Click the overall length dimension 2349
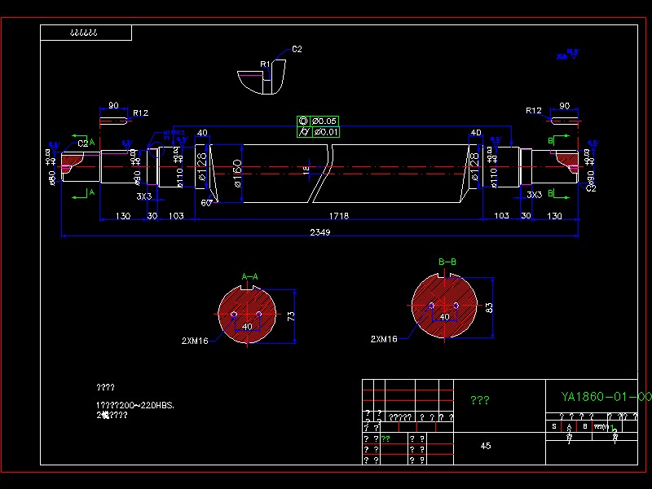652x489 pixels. pos(320,232)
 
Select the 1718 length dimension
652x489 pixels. pos(339,216)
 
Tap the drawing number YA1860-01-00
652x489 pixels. pos(606,397)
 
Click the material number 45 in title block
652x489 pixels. pos(486,446)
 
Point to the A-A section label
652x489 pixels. pos(249,277)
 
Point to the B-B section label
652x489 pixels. pos(447,262)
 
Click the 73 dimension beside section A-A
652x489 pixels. pos(291,315)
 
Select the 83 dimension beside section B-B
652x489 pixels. pos(489,307)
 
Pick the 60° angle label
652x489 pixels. pos(206,203)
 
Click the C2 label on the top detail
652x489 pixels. pos(297,49)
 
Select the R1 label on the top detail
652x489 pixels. pos(265,64)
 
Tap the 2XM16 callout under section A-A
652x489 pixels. pos(196,340)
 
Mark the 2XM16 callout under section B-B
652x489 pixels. pos(384,338)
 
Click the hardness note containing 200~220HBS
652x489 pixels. pos(135,405)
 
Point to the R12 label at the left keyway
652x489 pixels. pos(140,112)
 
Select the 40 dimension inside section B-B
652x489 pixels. pos(445,316)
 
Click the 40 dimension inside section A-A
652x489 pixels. pos(247,327)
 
